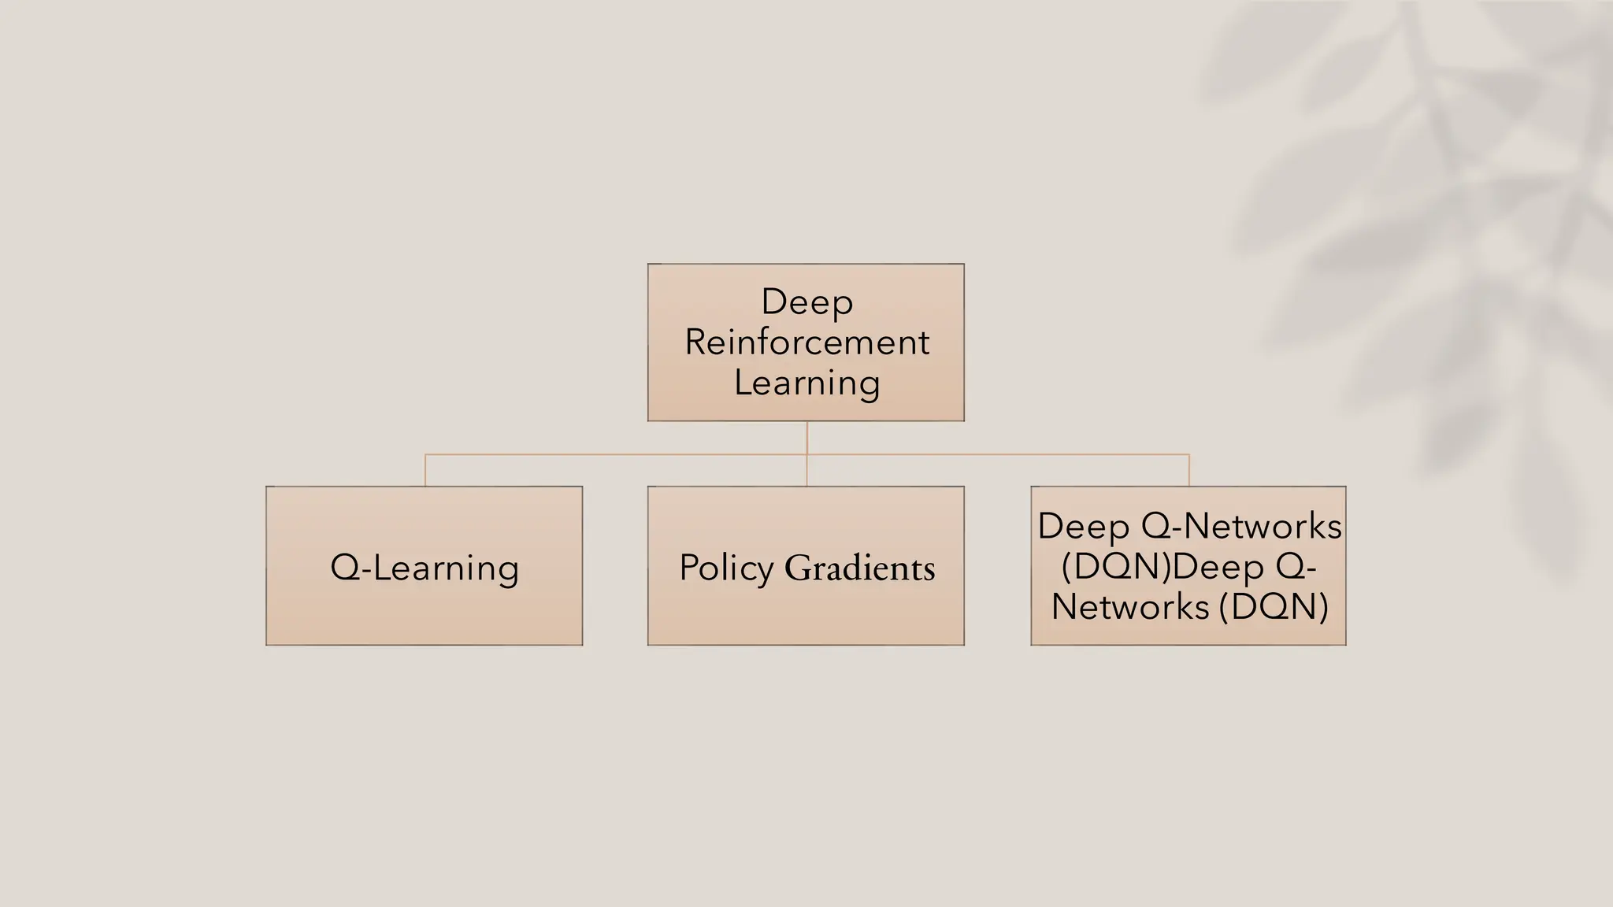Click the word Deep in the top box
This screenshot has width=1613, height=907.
pos(806,302)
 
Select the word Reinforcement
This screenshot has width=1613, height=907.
pos(806,342)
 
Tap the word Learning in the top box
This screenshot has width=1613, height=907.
pos(806,383)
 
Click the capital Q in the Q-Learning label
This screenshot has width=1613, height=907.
pos(344,567)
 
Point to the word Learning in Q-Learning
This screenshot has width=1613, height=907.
pos(445,568)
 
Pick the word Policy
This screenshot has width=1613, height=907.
pos(726,568)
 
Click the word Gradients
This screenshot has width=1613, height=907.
pos(859,568)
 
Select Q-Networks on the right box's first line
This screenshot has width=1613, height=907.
pos(1241,526)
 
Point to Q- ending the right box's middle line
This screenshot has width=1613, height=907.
pos(1296,567)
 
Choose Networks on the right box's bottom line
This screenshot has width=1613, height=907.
pos(1130,607)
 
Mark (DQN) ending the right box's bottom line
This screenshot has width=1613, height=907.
pos(1274,607)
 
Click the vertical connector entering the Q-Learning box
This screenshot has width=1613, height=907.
pos(425,471)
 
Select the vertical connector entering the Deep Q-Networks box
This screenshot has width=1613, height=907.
pos(1188,471)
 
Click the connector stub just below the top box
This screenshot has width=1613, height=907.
pos(806,437)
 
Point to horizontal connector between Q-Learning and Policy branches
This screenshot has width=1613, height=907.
pos(614,454)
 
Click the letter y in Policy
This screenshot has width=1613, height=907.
pos(765,570)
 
